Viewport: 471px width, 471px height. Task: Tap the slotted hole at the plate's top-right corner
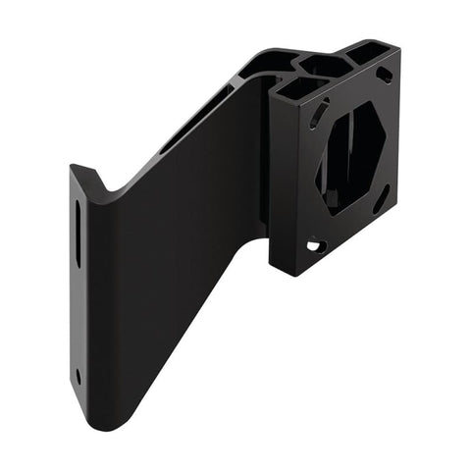click(387, 76)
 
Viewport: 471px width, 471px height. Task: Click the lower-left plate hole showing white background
click(316, 247)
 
